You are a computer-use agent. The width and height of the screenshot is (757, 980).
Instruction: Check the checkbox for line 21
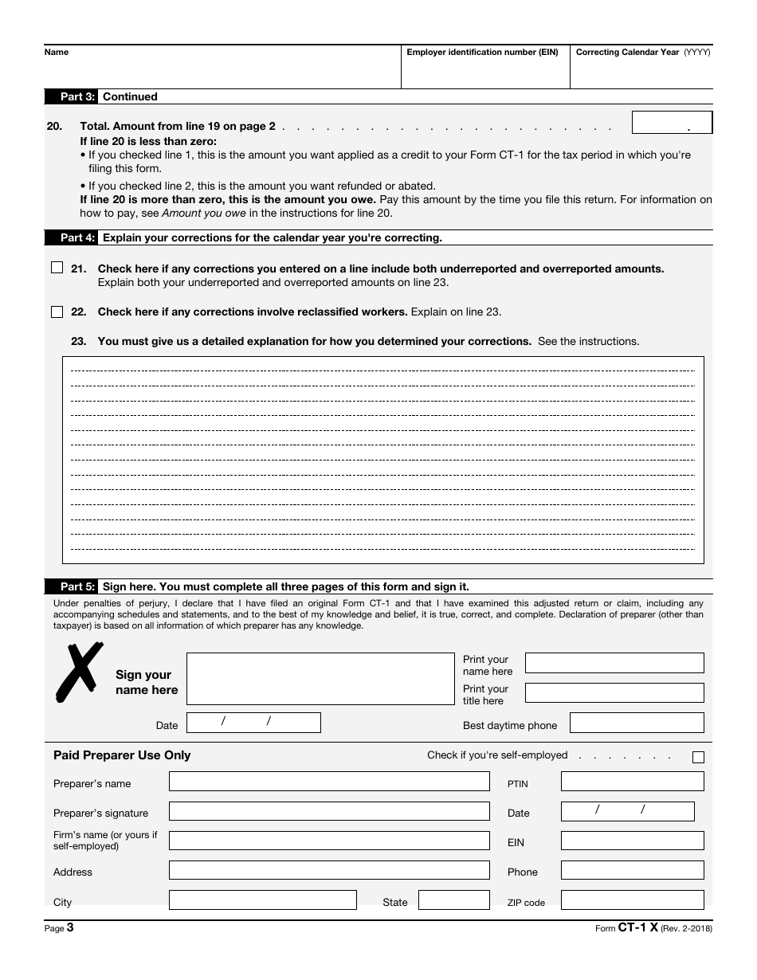(x=57, y=269)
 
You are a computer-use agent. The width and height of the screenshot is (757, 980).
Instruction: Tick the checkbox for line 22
(x=57, y=312)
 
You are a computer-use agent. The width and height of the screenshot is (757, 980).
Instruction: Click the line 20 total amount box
(x=671, y=122)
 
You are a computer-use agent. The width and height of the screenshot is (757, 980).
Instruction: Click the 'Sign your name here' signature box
(x=320, y=679)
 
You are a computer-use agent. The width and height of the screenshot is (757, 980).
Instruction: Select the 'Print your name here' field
(x=614, y=663)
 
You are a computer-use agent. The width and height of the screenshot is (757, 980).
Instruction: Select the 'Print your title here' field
(x=614, y=693)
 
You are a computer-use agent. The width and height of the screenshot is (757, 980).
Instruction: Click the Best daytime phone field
(x=637, y=723)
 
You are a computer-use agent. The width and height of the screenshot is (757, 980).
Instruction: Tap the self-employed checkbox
(x=698, y=757)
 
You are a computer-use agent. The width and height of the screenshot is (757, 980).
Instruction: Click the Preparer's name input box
(x=329, y=782)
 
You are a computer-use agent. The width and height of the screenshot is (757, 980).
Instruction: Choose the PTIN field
(x=632, y=782)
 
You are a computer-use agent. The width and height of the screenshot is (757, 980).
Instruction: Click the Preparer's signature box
(x=329, y=811)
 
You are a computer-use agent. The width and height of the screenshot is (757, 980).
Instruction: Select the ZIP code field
(x=632, y=900)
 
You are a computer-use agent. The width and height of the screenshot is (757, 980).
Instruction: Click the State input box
(x=453, y=900)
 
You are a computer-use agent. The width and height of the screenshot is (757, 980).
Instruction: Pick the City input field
(x=262, y=900)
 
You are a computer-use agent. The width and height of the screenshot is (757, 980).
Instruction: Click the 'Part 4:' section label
(x=77, y=237)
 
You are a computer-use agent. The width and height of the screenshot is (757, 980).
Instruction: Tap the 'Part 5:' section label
(x=77, y=586)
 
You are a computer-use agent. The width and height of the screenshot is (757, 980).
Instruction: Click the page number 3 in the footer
(x=70, y=927)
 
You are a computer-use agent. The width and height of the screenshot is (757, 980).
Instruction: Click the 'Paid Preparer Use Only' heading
(x=122, y=755)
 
